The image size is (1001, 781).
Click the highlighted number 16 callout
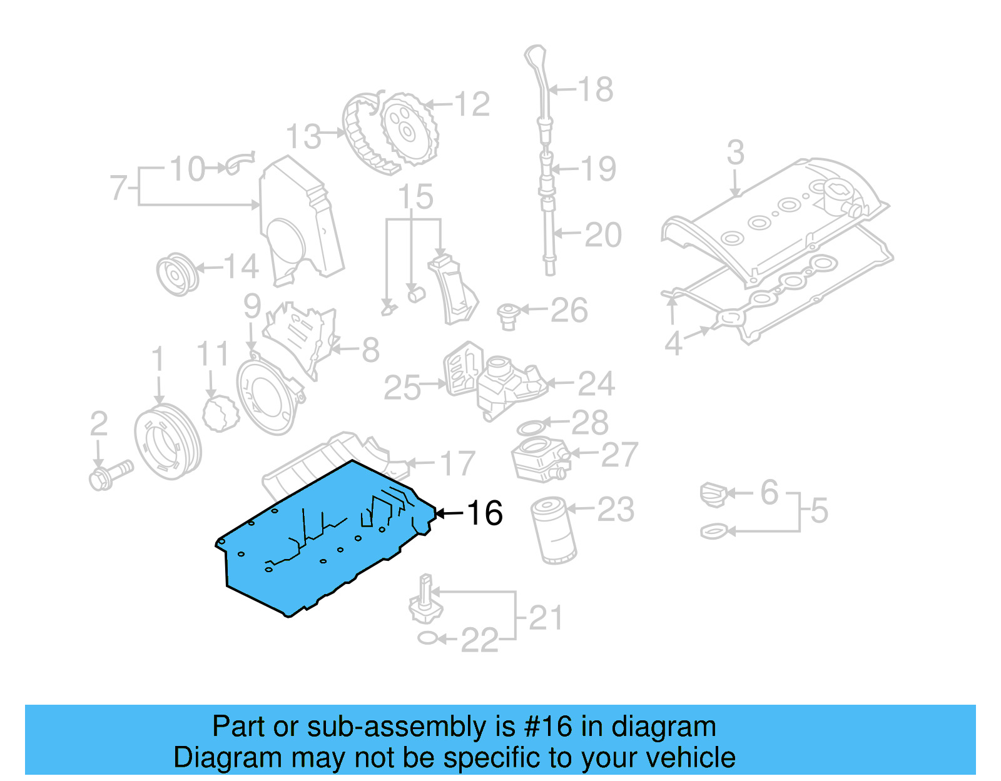point(485,513)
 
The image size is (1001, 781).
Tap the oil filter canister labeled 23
point(554,530)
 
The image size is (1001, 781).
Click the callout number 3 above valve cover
point(736,153)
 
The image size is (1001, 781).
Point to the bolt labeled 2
point(110,475)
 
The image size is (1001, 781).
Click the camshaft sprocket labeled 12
point(408,129)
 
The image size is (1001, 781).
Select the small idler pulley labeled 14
point(177,274)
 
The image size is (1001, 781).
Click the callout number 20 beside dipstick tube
point(603,236)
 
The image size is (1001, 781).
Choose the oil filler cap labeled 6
point(714,494)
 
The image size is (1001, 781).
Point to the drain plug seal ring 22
point(427,638)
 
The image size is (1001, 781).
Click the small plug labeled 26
point(508,316)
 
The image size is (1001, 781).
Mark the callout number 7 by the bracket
point(118,187)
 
